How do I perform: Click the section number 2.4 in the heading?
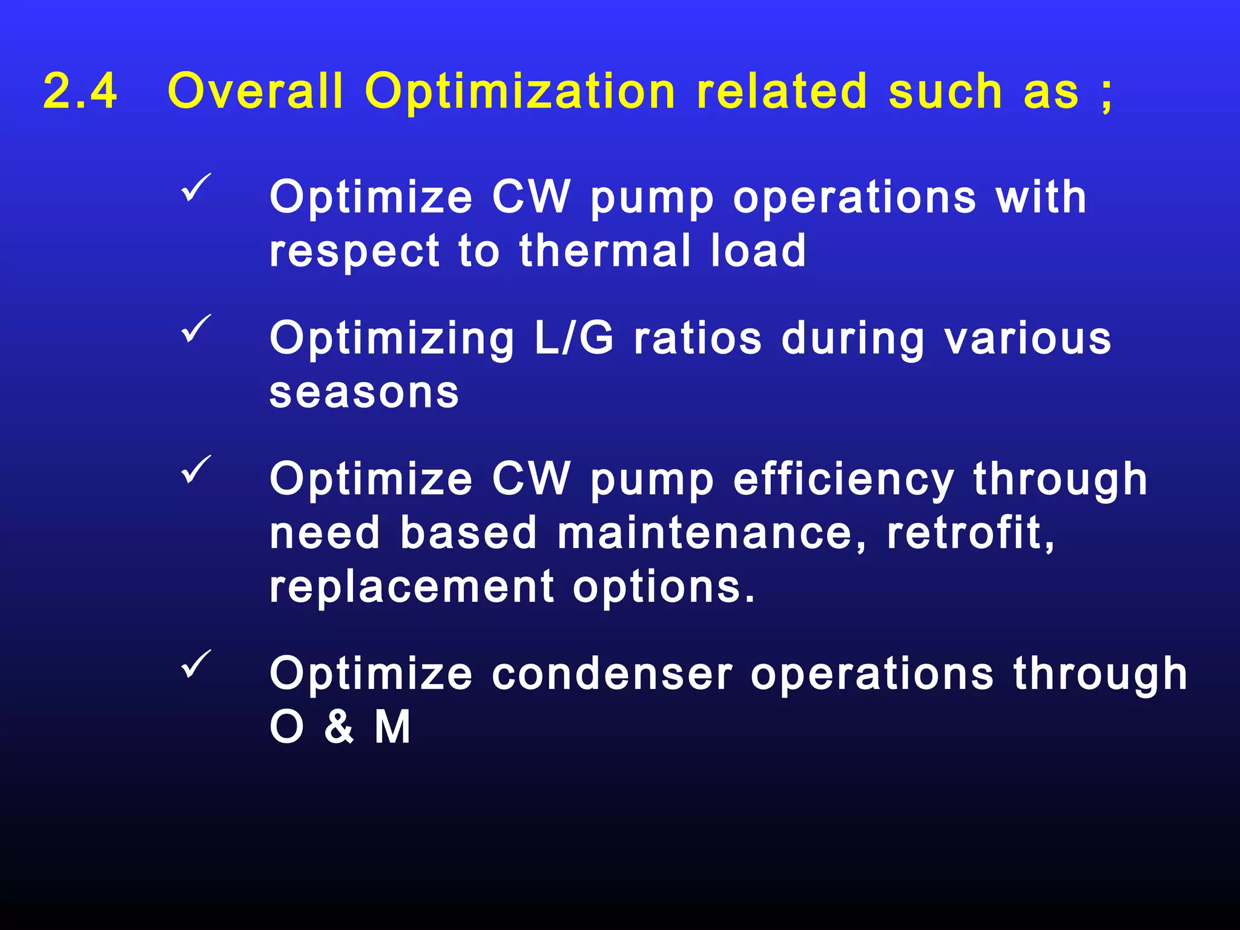[x=80, y=91]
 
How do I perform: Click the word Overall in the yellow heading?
[x=255, y=91]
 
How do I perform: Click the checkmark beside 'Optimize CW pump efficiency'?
[x=196, y=469]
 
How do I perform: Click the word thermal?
[x=605, y=251]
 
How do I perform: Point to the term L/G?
[x=573, y=338]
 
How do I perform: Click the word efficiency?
[x=843, y=480]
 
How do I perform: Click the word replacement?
[x=412, y=587]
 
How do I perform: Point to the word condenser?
[x=612, y=674]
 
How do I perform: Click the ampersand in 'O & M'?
[x=339, y=727]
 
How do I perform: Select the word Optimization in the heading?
[x=519, y=91]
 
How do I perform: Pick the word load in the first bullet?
[x=758, y=251]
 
